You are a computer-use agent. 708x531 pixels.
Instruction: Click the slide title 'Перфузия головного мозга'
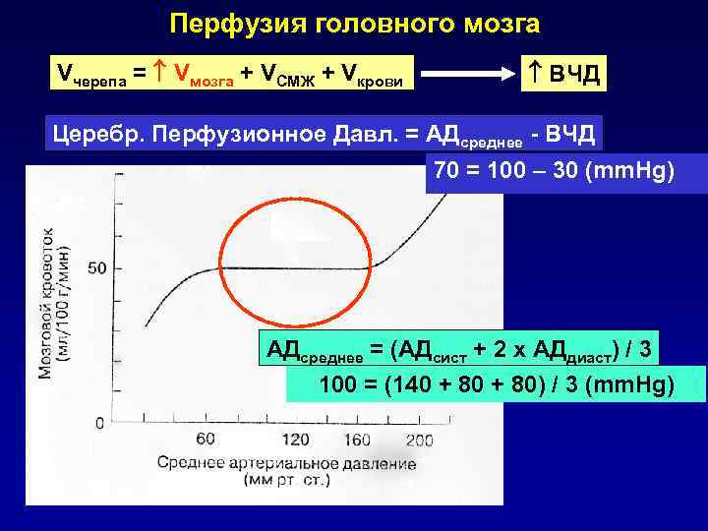pyautogui.click(x=354, y=22)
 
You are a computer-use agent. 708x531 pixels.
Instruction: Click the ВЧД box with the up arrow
pyautogui.click(x=563, y=73)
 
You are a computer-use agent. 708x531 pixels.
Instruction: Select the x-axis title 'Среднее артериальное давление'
pyautogui.click(x=285, y=463)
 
